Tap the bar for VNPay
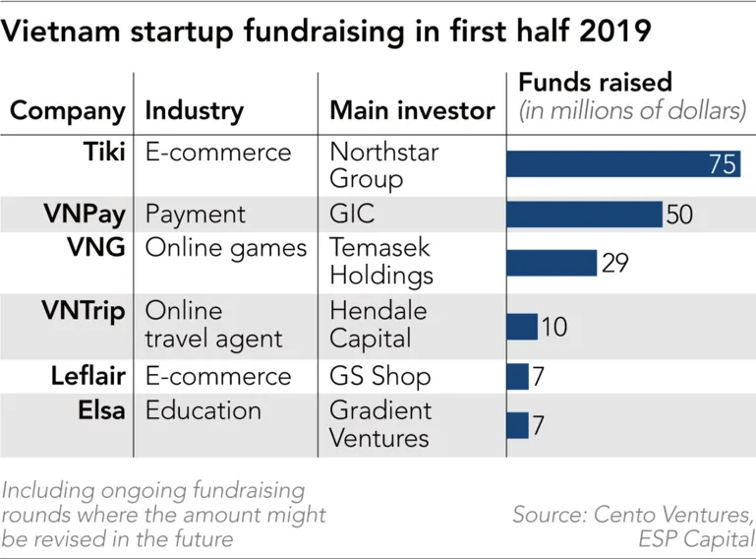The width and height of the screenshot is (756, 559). point(584,214)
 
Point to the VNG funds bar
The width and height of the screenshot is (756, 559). point(552,263)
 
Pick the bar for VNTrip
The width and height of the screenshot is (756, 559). point(522,326)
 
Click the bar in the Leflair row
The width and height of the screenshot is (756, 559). point(517,376)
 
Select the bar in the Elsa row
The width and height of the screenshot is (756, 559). point(517,425)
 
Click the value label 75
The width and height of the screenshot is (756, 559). point(723,163)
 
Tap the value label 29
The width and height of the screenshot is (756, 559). point(614,263)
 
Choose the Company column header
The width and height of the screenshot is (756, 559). point(68,110)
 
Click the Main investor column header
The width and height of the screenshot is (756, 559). point(412,110)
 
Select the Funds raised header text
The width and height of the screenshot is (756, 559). point(595,82)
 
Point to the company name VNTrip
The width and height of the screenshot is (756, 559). point(84,311)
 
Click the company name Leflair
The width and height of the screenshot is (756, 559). point(87,376)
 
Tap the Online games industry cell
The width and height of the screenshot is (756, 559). point(226,248)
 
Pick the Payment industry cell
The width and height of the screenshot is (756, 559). point(196,214)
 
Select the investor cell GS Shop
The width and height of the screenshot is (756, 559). point(379,376)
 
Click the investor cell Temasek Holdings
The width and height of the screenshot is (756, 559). point(381,260)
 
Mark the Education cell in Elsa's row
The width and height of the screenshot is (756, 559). point(204,409)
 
